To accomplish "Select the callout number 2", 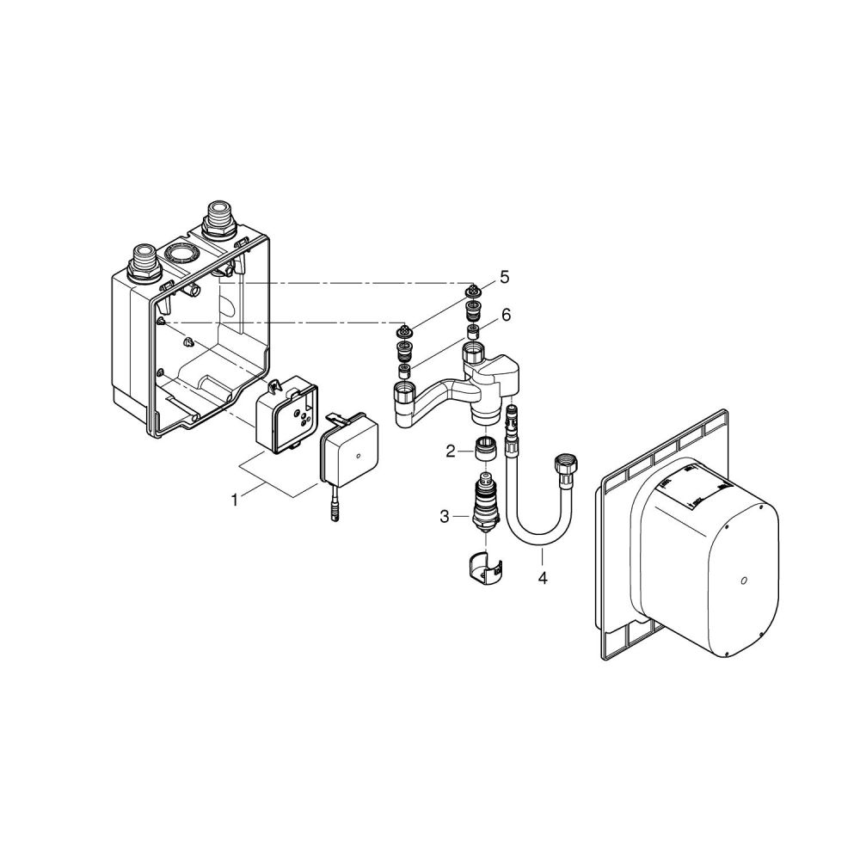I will point(449,450).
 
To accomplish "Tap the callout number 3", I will point(444,516).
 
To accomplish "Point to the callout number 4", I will point(542,578).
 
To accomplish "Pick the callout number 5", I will point(505,277).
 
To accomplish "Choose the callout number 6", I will point(507,316).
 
